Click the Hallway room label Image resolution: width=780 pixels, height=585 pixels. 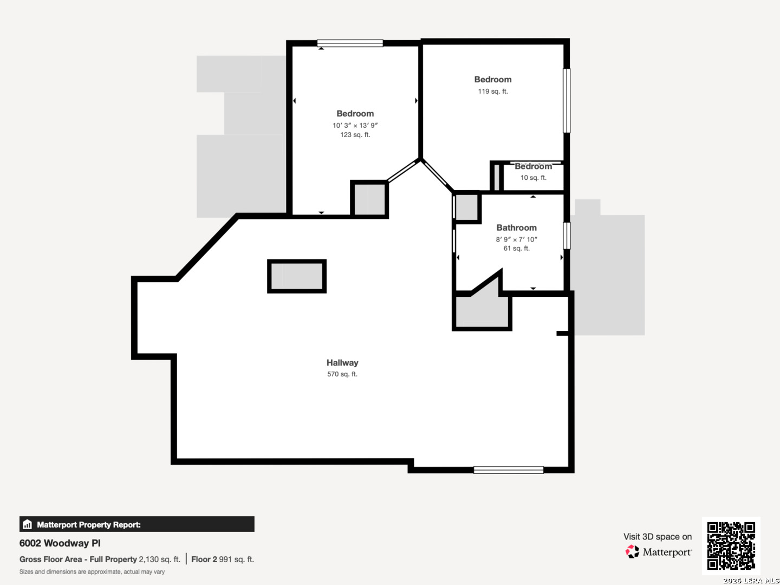[342, 363]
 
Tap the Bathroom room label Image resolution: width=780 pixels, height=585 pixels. [516, 227]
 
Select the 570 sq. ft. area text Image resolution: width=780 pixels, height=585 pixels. [342, 374]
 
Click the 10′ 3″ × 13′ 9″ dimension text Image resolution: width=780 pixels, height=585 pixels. [355, 125]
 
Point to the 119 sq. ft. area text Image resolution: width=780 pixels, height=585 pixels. [493, 92]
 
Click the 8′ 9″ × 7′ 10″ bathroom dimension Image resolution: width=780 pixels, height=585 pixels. [516, 239]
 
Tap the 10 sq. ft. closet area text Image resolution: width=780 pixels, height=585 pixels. [534, 178]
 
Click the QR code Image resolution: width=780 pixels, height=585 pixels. [731, 545]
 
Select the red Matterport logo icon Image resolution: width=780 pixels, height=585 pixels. [632, 551]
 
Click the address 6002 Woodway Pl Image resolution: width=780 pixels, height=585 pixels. [60, 543]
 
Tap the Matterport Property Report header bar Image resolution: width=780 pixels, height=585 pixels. [137, 524]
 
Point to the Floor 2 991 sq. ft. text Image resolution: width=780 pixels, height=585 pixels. [223, 560]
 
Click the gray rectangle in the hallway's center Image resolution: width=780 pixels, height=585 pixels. [297, 276]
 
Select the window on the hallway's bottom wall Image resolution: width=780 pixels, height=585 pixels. [509, 470]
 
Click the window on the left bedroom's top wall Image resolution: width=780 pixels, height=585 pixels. [350, 43]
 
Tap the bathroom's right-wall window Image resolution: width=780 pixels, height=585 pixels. [567, 236]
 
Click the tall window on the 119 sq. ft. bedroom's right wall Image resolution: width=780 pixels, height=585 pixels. [567, 101]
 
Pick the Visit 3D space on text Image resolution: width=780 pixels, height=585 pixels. [658, 537]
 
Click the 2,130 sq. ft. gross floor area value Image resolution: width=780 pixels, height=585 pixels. [160, 560]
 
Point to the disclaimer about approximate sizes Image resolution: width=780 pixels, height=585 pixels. [92, 572]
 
